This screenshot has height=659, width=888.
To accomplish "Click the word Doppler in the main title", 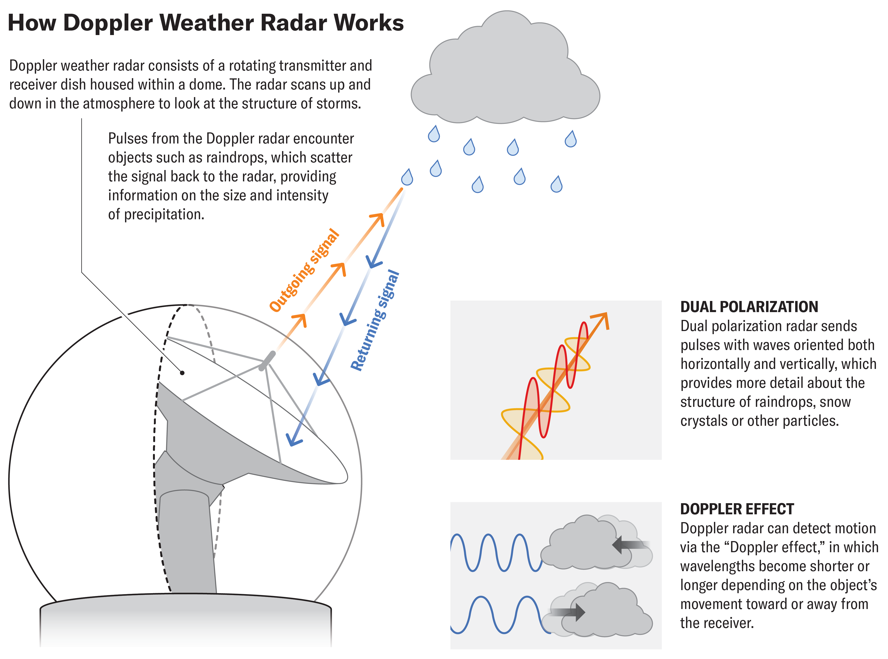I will pos(108,23).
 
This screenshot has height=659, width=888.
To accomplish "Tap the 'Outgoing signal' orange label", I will pos(304,270).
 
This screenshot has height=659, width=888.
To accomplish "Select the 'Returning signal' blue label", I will pos(375,320).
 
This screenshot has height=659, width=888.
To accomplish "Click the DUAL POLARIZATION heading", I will pos(749,307).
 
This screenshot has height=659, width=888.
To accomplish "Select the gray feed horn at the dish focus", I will pos(267,360).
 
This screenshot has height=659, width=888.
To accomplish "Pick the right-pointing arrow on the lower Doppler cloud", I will pos(570,612).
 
